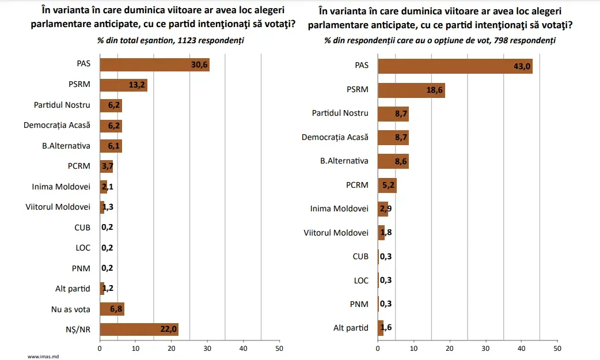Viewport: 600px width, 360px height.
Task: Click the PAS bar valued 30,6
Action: [154, 65]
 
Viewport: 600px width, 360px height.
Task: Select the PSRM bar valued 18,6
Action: [411, 90]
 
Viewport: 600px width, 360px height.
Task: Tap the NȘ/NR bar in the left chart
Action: [139, 329]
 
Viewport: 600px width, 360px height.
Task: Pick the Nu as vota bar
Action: [112, 309]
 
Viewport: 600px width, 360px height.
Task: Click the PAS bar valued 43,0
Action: [455, 66]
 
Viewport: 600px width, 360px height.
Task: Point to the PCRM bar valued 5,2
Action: [387, 185]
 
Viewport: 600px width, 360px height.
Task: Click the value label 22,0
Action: [169, 329]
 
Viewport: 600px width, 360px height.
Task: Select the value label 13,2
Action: [137, 85]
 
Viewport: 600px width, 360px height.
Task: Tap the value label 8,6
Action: [400, 161]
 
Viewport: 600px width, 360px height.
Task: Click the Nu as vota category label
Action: [71, 309]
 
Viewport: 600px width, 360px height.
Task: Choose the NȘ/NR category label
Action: [77, 329]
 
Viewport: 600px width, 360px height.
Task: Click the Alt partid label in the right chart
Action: [351, 328]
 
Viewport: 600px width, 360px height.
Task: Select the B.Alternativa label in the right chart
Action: [344, 161]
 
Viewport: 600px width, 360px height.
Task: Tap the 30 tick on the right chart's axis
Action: [485, 348]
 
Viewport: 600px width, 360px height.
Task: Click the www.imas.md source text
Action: [43, 357]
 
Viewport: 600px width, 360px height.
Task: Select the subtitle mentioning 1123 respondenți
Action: [170, 40]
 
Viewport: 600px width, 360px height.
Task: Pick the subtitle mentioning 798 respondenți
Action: [440, 40]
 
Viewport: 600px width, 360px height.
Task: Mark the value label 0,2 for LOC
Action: [107, 248]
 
